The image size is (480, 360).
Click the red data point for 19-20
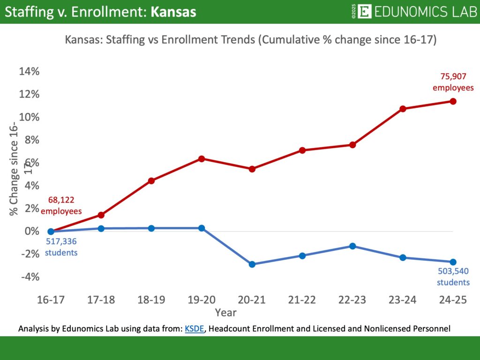pos(202,159)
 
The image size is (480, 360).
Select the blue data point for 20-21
pos(252,264)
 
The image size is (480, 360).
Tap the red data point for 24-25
pos(453,101)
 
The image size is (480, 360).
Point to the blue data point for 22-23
pos(352,246)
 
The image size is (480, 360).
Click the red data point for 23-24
pos(403,109)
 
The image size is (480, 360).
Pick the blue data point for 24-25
pos(453,262)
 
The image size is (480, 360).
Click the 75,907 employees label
pos(453,82)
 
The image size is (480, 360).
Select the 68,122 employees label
pos(61,206)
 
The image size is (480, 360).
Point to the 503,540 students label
pos(453,277)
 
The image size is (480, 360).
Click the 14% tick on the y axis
pos(29,72)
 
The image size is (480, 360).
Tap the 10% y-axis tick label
pos(29,117)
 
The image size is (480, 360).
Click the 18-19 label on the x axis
pos(151,300)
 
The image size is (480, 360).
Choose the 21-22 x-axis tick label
pos(302,300)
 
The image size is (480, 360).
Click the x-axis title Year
pos(225,312)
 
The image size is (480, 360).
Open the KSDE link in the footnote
pos(195,329)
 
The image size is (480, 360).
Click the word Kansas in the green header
pos(173,12)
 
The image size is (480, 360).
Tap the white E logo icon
pos(364,12)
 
